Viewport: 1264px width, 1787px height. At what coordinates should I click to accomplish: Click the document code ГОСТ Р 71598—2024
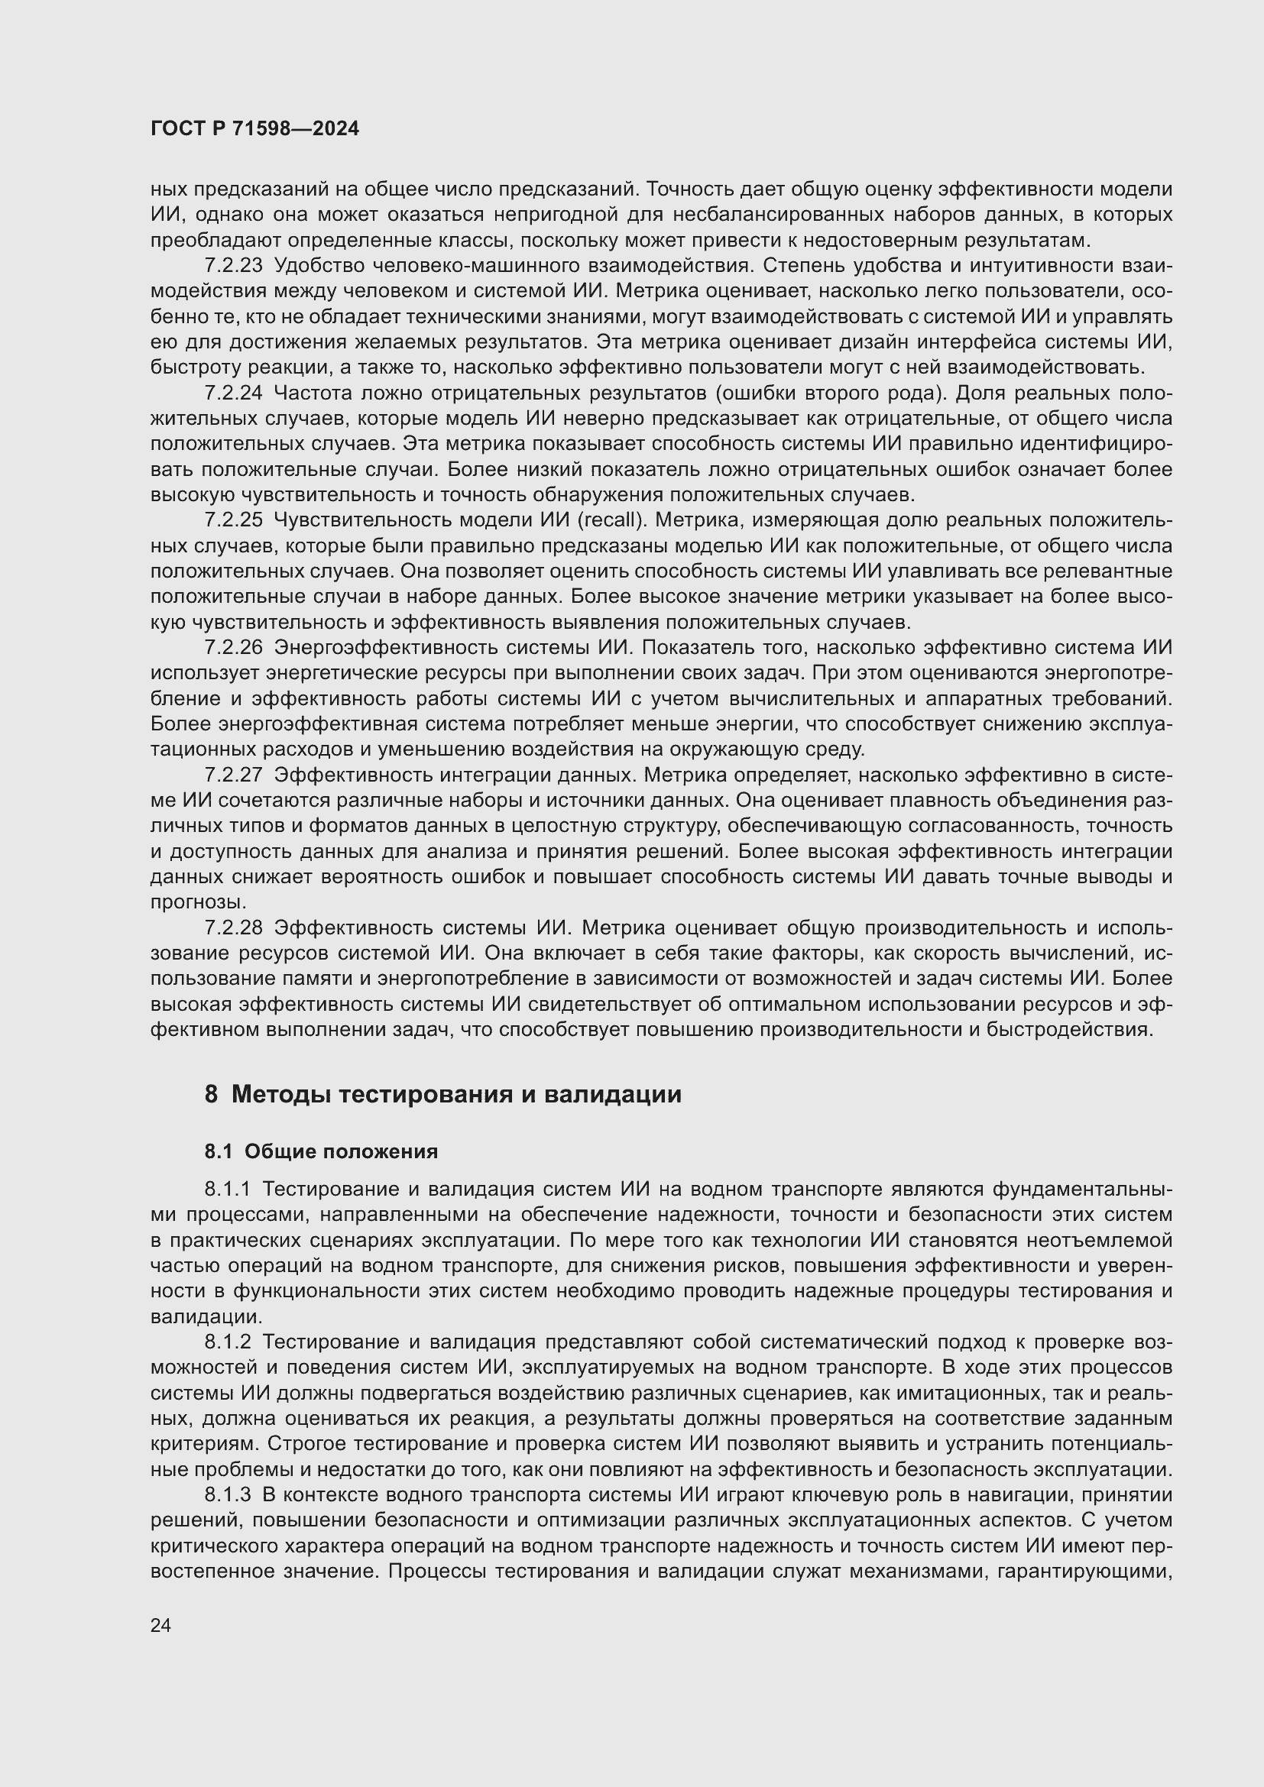tap(254, 129)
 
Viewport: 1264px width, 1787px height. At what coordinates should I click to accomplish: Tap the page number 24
tap(160, 1625)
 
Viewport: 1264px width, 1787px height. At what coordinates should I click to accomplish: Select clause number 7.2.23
tap(234, 265)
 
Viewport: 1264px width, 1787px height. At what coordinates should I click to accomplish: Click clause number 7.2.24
tap(234, 393)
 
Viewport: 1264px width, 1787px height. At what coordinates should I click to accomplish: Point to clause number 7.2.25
tap(234, 520)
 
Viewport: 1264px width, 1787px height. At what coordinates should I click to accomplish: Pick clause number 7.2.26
tap(234, 648)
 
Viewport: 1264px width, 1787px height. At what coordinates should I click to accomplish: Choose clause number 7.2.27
tap(234, 775)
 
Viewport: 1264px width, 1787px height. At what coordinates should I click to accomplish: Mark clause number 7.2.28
tap(234, 927)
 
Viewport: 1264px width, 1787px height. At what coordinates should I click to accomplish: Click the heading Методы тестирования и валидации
tap(456, 1094)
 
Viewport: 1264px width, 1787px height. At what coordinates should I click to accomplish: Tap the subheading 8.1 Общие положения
tap(321, 1151)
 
